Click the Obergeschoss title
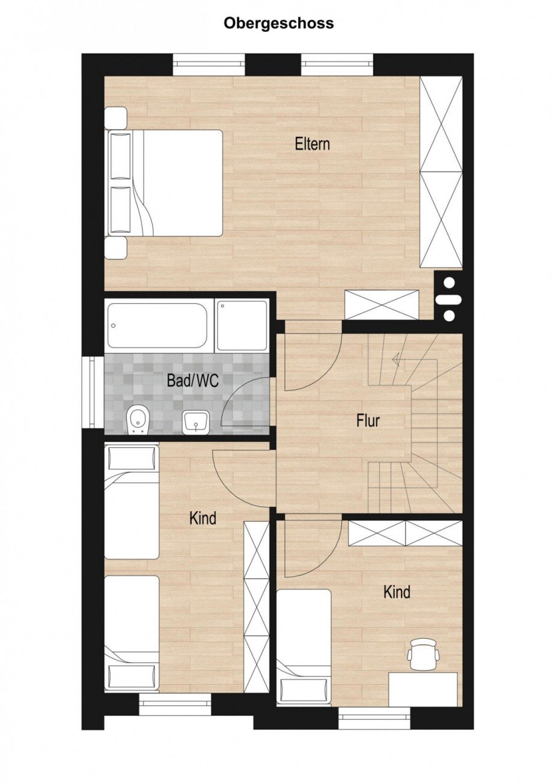[x=278, y=24]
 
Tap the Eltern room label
[x=313, y=144]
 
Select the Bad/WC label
[x=193, y=380]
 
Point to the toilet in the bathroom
[x=138, y=419]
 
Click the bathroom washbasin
[x=196, y=422]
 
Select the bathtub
[x=160, y=325]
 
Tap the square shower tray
[x=242, y=325]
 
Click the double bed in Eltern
[x=164, y=182]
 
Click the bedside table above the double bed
[x=115, y=117]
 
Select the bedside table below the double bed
[x=115, y=248]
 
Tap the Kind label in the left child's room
[x=203, y=518]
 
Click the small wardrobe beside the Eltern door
[x=382, y=304]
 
